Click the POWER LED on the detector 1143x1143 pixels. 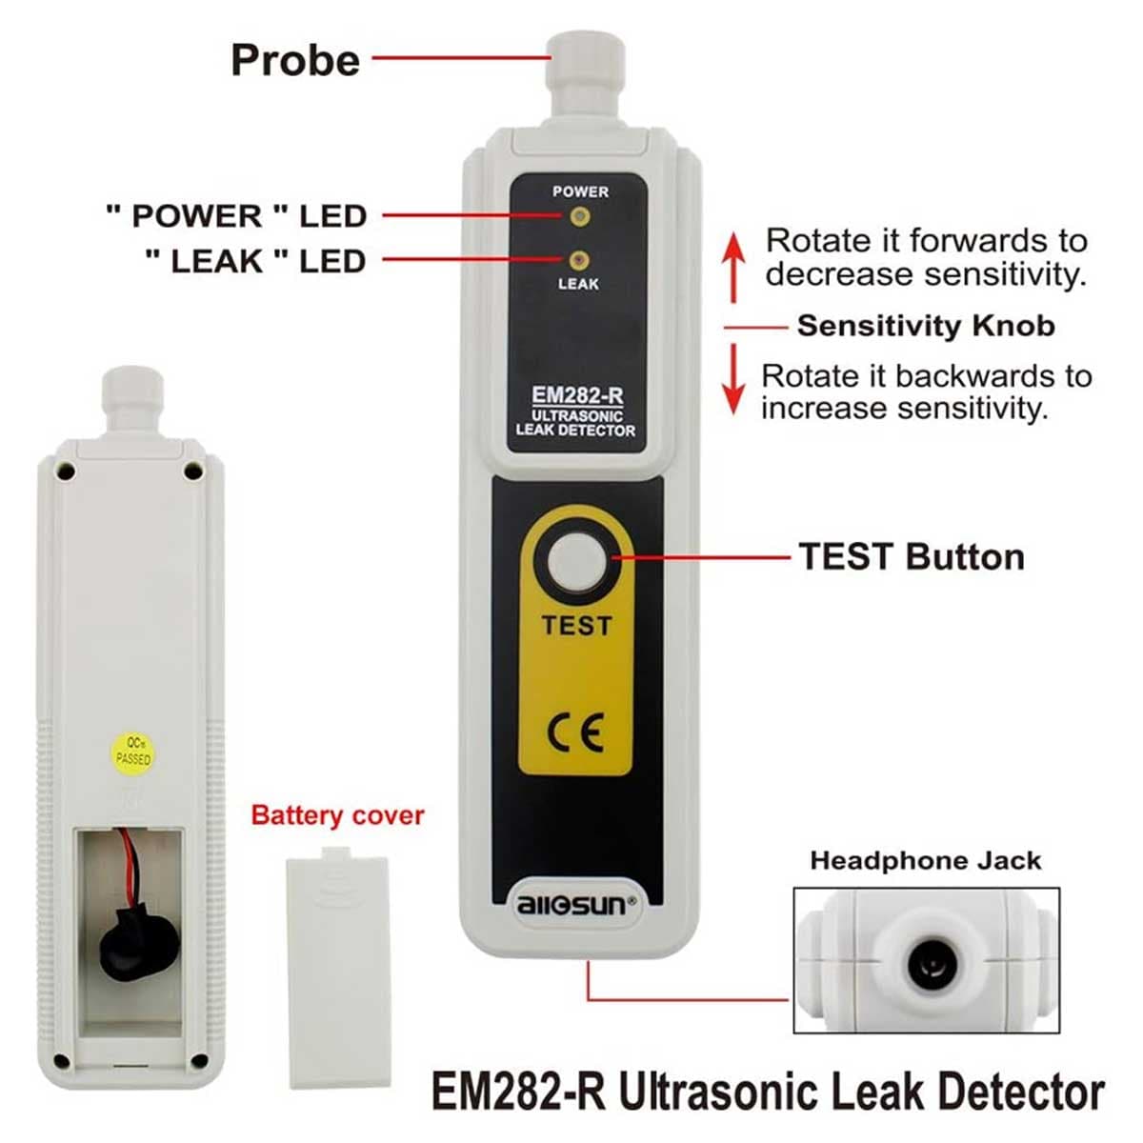click(x=579, y=216)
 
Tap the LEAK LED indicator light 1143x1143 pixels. click(x=578, y=259)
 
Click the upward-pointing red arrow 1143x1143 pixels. click(x=733, y=268)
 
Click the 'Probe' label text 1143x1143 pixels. click(x=295, y=61)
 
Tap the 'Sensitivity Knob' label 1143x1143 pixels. click(x=926, y=326)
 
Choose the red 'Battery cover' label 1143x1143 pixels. click(x=337, y=815)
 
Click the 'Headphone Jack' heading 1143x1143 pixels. click(x=925, y=861)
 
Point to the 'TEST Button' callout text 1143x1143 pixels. click(x=912, y=557)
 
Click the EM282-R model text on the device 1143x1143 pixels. click(x=577, y=395)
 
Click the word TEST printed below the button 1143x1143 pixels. click(x=576, y=626)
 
